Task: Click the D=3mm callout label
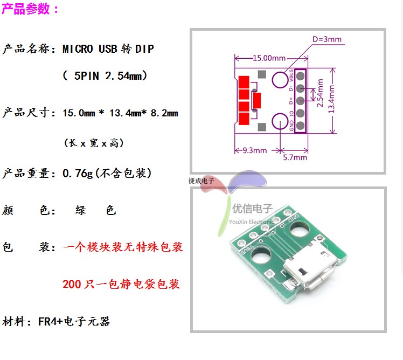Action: point(327,39)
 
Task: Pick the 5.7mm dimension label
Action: point(295,157)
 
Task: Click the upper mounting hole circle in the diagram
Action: point(280,81)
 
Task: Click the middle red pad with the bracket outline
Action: point(257,101)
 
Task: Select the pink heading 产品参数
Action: point(30,9)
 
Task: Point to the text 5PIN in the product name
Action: point(86,76)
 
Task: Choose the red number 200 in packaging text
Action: point(72,284)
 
